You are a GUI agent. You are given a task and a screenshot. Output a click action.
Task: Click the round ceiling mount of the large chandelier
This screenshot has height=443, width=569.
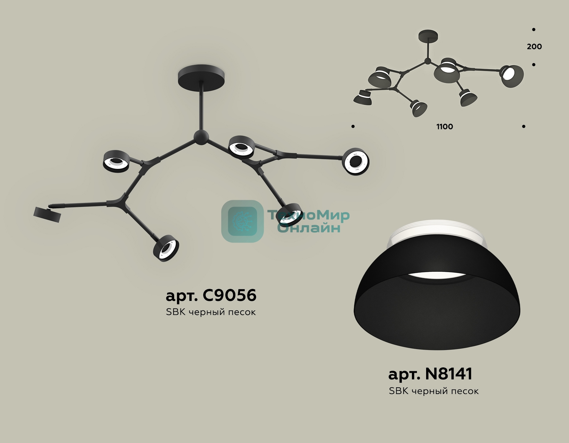[x=202, y=77]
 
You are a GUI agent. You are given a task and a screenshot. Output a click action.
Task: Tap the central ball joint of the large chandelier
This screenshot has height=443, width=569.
[x=201, y=137]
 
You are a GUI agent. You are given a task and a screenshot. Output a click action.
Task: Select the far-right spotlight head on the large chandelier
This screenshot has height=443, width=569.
[x=356, y=161]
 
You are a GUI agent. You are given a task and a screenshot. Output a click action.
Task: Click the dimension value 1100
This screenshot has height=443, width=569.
[x=445, y=127]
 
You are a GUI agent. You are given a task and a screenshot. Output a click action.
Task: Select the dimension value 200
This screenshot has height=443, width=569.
[x=534, y=47]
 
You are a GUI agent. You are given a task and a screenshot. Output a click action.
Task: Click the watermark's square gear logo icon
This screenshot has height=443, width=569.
[x=242, y=221]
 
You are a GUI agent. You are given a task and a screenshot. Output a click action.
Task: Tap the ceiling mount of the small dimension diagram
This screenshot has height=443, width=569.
[x=428, y=36]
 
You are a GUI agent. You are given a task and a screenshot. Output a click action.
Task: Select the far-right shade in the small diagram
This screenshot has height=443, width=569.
[x=511, y=76]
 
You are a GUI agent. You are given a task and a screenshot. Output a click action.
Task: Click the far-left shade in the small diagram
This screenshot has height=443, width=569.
[x=363, y=97]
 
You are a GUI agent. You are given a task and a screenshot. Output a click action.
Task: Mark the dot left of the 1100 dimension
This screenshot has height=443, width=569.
[x=353, y=127]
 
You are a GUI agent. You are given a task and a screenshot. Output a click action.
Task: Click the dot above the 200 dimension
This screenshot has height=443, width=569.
[x=534, y=29]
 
